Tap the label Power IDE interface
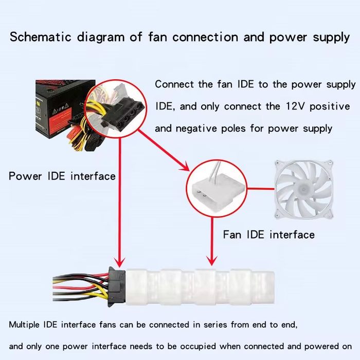(x=62, y=176)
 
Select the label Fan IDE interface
(x=268, y=235)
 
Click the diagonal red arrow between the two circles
(x=164, y=149)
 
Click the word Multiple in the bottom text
(x=25, y=325)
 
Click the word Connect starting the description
(x=174, y=84)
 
